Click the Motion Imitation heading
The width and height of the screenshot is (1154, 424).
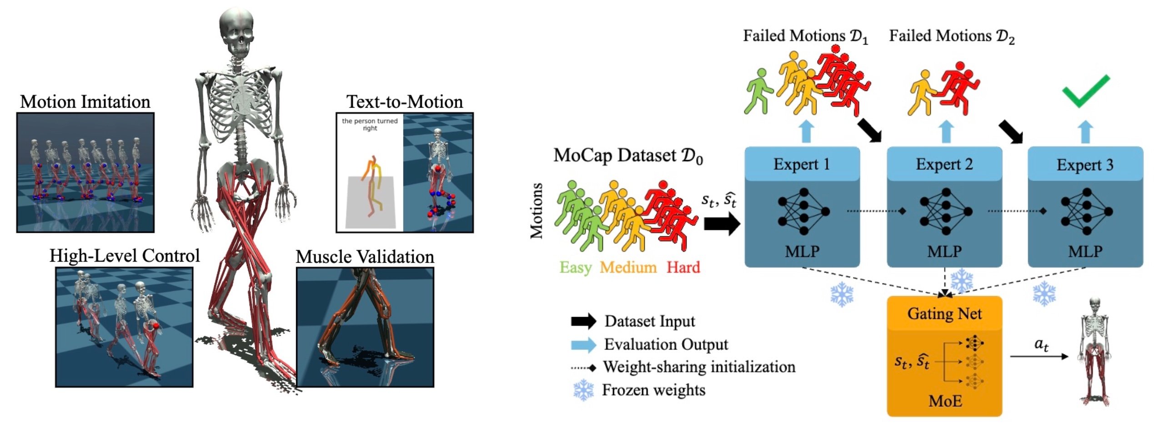pos(85,102)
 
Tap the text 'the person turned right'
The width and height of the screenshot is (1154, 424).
pos(370,125)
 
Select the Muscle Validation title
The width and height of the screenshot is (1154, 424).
pos(365,257)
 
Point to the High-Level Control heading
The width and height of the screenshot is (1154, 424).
pos(125,256)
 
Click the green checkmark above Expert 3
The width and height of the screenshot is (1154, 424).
pos(1085,91)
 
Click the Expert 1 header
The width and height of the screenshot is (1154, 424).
pos(802,164)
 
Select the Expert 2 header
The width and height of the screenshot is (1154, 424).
pos(944,164)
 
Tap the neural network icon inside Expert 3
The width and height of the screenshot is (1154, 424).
pos(1086,212)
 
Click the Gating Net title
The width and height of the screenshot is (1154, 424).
pos(944,313)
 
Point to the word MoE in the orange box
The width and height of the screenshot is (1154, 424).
pos(945,401)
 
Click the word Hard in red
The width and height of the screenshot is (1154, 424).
pos(683,267)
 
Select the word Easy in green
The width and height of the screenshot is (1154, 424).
pos(575,267)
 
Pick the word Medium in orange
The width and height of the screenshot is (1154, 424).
pos(628,267)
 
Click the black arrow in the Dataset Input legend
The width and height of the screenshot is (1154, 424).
pos(583,321)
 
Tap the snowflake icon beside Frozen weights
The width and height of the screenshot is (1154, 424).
pos(583,390)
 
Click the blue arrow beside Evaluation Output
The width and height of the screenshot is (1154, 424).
pos(583,345)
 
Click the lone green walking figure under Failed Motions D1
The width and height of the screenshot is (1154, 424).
pos(757,91)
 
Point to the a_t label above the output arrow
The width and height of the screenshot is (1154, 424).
pos(1041,344)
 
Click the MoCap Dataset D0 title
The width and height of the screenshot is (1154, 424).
pos(628,156)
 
